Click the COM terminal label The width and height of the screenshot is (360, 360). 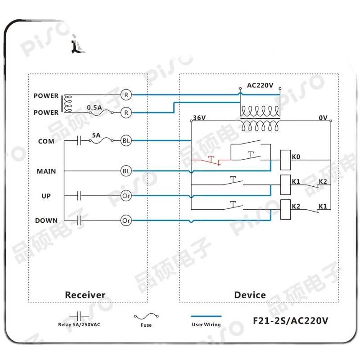(46, 141)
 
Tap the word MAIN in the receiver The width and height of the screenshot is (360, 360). (46, 171)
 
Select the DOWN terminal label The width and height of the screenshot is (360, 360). (46, 220)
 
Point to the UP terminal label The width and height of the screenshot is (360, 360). (46, 196)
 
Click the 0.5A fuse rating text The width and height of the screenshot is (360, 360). (94, 108)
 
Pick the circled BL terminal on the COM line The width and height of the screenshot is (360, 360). (126, 141)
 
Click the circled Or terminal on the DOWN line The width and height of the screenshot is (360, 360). (126, 220)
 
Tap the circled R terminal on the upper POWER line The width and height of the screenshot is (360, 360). (126, 95)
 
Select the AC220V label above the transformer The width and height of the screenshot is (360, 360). (260, 85)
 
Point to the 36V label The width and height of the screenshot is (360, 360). (199, 118)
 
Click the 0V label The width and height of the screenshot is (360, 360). (323, 118)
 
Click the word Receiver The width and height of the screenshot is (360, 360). (85, 295)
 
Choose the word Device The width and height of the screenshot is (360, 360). (250, 295)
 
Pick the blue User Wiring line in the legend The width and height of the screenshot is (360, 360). (206, 316)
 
